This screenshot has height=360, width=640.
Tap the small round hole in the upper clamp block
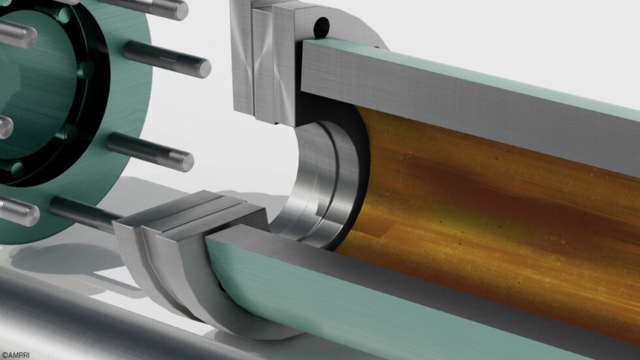[x=321, y=27]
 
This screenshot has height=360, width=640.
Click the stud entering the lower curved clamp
[x=82, y=212]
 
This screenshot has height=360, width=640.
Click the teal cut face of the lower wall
[x=392, y=307]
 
